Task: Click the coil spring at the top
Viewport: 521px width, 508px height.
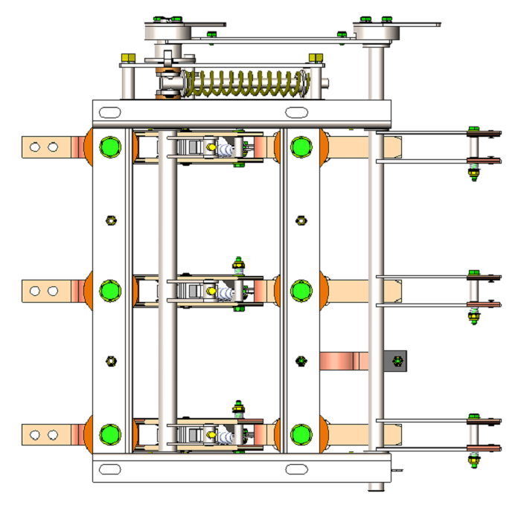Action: (246, 83)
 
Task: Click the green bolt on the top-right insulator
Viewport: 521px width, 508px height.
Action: (301, 147)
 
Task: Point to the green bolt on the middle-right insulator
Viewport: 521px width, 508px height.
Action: (301, 289)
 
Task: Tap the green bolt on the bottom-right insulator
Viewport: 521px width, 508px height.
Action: (301, 434)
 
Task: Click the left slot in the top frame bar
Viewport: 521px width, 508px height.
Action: (109, 112)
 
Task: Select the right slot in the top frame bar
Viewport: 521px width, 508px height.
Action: (297, 112)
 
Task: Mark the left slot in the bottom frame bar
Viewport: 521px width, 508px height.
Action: (109, 469)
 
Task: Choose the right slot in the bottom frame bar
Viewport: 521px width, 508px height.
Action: (297, 469)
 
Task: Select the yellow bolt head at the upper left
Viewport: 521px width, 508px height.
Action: (127, 57)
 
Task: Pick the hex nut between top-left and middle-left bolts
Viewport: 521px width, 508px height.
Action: (110, 220)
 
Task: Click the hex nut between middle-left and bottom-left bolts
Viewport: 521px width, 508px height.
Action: (110, 361)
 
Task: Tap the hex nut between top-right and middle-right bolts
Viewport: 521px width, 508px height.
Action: (301, 220)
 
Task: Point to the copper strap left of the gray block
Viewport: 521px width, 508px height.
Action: (344, 361)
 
